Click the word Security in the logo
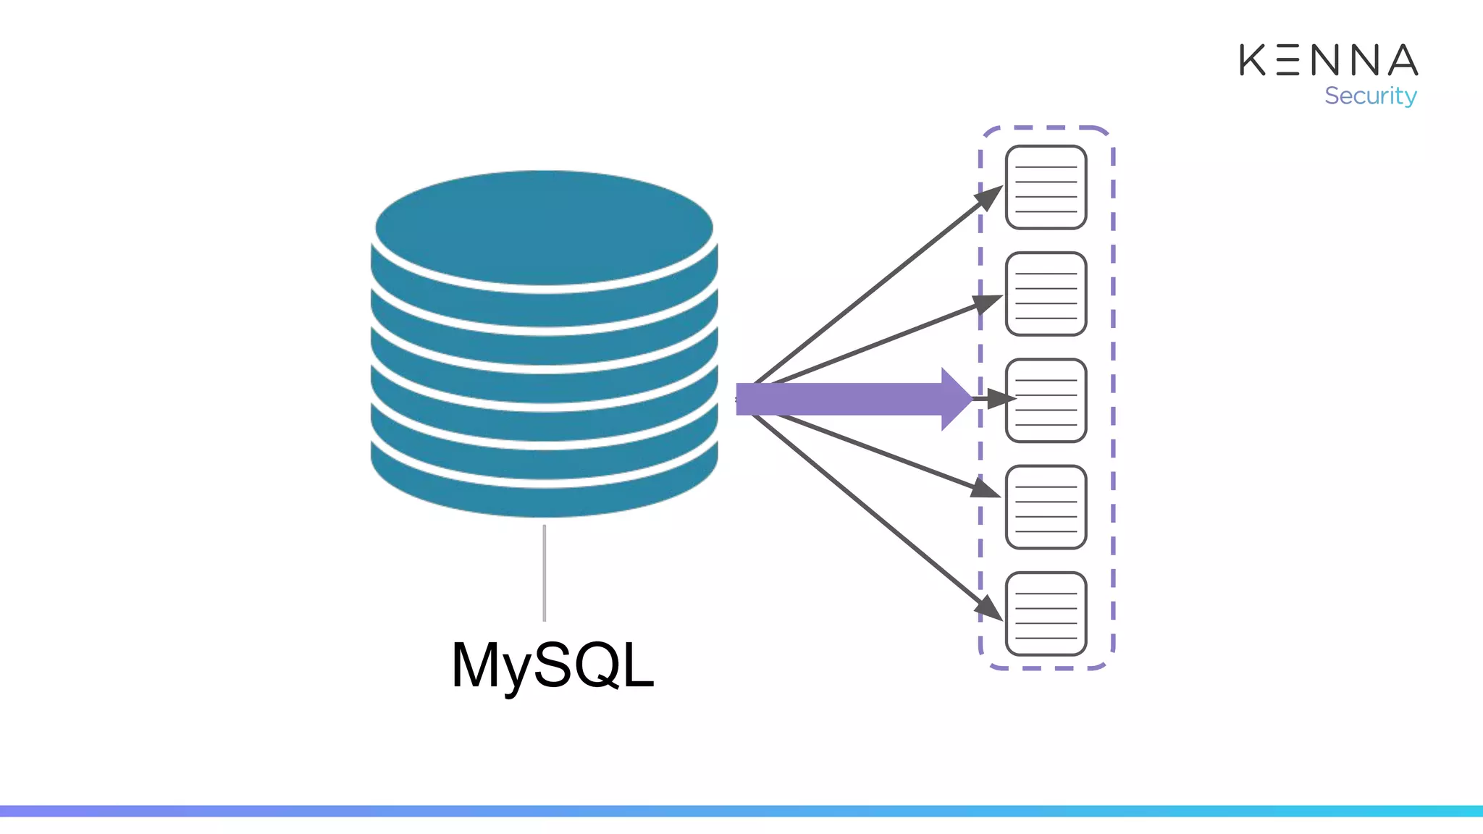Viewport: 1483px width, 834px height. [x=1370, y=96]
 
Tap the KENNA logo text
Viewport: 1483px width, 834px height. [x=1328, y=60]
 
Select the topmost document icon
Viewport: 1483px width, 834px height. [x=1046, y=188]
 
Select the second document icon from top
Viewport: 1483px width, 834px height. [x=1046, y=294]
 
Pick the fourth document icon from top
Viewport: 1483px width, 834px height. [x=1046, y=507]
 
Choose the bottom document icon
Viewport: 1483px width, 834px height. [x=1046, y=614]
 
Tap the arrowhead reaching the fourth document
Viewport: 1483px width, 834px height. [x=986, y=489]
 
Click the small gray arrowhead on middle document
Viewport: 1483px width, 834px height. [x=999, y=399]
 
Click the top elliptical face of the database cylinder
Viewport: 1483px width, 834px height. [x=544, y=227]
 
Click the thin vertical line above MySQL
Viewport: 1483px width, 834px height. [x=544, y=573]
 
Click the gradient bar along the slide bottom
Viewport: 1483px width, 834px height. [x=741, y=811]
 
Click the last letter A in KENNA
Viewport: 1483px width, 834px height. [x=1403, y=60]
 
